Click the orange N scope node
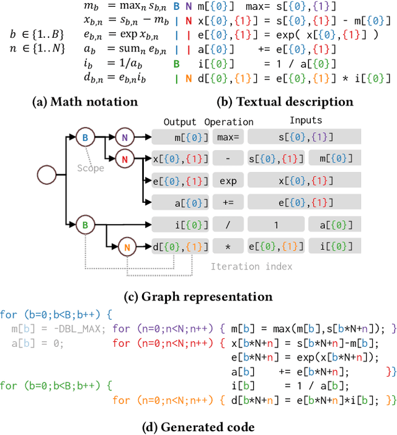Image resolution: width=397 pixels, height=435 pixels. [126, 247]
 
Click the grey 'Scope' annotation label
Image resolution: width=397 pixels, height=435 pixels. [90, 168]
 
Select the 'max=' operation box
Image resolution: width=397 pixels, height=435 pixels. [228, 137]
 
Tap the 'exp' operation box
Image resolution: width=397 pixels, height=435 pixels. [228, 181]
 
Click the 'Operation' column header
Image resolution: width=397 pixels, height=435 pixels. [229, 122]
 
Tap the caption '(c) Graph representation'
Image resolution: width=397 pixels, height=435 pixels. [198, 296]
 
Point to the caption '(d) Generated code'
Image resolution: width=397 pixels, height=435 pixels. [198, 426]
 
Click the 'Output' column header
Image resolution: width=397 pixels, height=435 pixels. [180, 122]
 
